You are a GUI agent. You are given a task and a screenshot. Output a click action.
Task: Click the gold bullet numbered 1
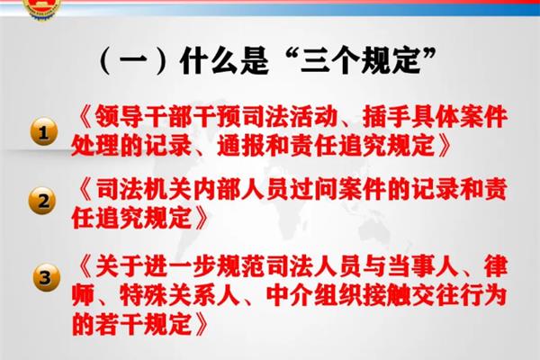coord(44,131)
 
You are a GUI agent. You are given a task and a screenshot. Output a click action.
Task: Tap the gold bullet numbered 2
coord(42,201)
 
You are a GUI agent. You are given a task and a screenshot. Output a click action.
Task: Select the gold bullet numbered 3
coord(47,277)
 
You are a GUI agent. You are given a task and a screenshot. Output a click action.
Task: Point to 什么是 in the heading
coord(224,61)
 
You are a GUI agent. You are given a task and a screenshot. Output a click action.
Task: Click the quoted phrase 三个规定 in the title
coord(361,60)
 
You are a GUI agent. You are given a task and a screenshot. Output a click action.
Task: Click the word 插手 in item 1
coord(385,116)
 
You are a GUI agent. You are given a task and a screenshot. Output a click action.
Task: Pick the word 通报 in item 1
coord(241,144)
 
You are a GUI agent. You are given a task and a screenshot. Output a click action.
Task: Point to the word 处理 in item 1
coord(94,144)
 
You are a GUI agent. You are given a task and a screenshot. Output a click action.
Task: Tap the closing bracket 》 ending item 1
coord(444,145)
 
